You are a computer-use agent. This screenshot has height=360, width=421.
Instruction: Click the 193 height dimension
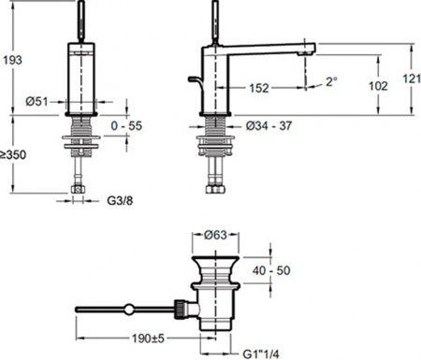pyautogui.click(x=12, y=60)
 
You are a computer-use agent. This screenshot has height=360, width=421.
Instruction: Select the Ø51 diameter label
pyautogui.click(x=36, y=101)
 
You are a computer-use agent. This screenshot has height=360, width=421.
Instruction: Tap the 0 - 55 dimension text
pyautogui.click(x=126, y=125)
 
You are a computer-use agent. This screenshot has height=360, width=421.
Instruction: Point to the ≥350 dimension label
pyautogui.click(x=13, y=154)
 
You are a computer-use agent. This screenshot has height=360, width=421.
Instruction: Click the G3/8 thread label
pyautogui.click(x=120, y=200)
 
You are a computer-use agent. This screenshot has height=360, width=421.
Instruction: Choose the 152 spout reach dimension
pyautogui.click(x=259, y=88)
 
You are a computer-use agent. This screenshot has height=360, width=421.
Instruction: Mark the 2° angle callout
pyautogui.click(x=331, y=81)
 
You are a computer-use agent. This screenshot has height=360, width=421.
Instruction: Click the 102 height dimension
pyautogui.click(x=378, y=86)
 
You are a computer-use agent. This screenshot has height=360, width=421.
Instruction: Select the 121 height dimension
pyautogui.click(x=412, y=79)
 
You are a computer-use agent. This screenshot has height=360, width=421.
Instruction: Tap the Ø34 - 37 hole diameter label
pyautogui.click(x=269, y=125)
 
